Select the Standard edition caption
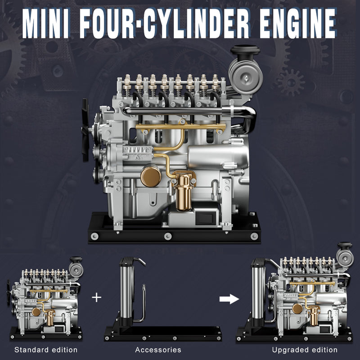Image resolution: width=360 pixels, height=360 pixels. pyautogui.click(x=46, y=350)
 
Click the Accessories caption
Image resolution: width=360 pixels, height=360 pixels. pyautogui.click(x=158, y=350)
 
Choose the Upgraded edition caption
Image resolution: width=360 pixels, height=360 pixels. pyautogui.click(x=305, y=350)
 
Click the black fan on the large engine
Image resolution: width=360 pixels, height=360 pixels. pyautogui.click(x=85, y=130)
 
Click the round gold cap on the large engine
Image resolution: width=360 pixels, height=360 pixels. pyautogui.click(x=150, y=175)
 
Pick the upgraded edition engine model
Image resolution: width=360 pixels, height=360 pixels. pyautogui.click(x=306, y=297)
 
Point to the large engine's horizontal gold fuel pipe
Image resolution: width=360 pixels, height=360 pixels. pyautogui.click(x=180, y=128)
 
